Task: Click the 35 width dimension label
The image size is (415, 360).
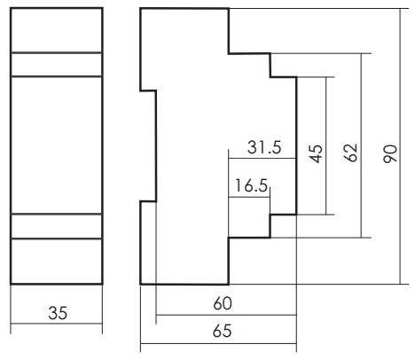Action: [x=58, y=313]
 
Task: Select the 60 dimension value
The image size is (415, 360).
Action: [x=223, y=303]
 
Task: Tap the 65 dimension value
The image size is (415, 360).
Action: [x=222, y=331]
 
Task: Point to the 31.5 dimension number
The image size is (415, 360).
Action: [x=264, y=147]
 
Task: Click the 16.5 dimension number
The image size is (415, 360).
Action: [x=251, y=185]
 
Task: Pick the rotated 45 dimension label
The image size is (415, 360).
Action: [x=316, y=153]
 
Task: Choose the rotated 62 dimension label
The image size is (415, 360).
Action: [x=351, y=153]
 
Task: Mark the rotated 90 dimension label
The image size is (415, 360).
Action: [x=390, y=154]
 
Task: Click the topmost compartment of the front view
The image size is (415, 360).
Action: [x=57, y=30]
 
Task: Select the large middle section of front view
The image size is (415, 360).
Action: [x=57, y=145]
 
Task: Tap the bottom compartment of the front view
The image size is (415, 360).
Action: [x=57, y=261]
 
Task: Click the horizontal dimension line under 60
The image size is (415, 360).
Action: [x=226, y=315]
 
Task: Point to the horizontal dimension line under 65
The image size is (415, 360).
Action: [x=218, y=343]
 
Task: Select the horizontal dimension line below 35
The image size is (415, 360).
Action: [x=57, y=324]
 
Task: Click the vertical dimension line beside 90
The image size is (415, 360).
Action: [x=401, y=146]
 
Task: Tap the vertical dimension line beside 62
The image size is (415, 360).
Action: [x=361, y=145]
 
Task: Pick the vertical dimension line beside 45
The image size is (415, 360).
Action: [x=326, y=145]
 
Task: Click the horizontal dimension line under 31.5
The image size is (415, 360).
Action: [x=262, y=159]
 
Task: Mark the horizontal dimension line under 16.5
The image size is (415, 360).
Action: [x=249, y=197]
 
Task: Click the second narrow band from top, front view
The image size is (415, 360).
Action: [x=57, y=65]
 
